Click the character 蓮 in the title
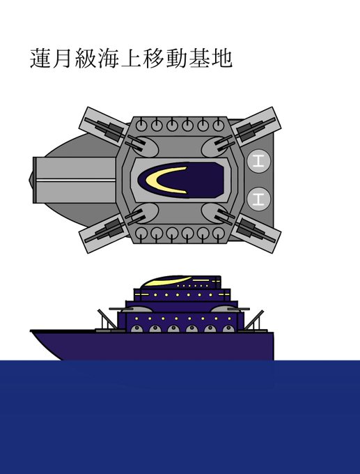pyautogui.click(x=40, y=58)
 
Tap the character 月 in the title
pyautogui.click(x=63, y=58)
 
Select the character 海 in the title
pyautogui.click(x=109, y=58)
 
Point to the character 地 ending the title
pyautogui.click(x=222, y=58)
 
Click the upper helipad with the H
pyautogui.click(x=258, y=161)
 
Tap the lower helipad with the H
pyautogui.click(x=258, y=199)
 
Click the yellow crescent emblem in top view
pyautogui.click(x=163, y=180)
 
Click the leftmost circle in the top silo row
pyautogui.click(x=141, y=125)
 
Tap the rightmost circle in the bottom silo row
pyautogui.click(x=219, y=234)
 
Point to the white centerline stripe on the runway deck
pyautogui.click(x=75, y=180)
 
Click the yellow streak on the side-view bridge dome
pyautogui.click(x=167, y=282)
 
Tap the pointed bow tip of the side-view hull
pyautogui.click(x=31, y=331)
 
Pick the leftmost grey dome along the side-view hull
pyautogui.click(x=136, y=329)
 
